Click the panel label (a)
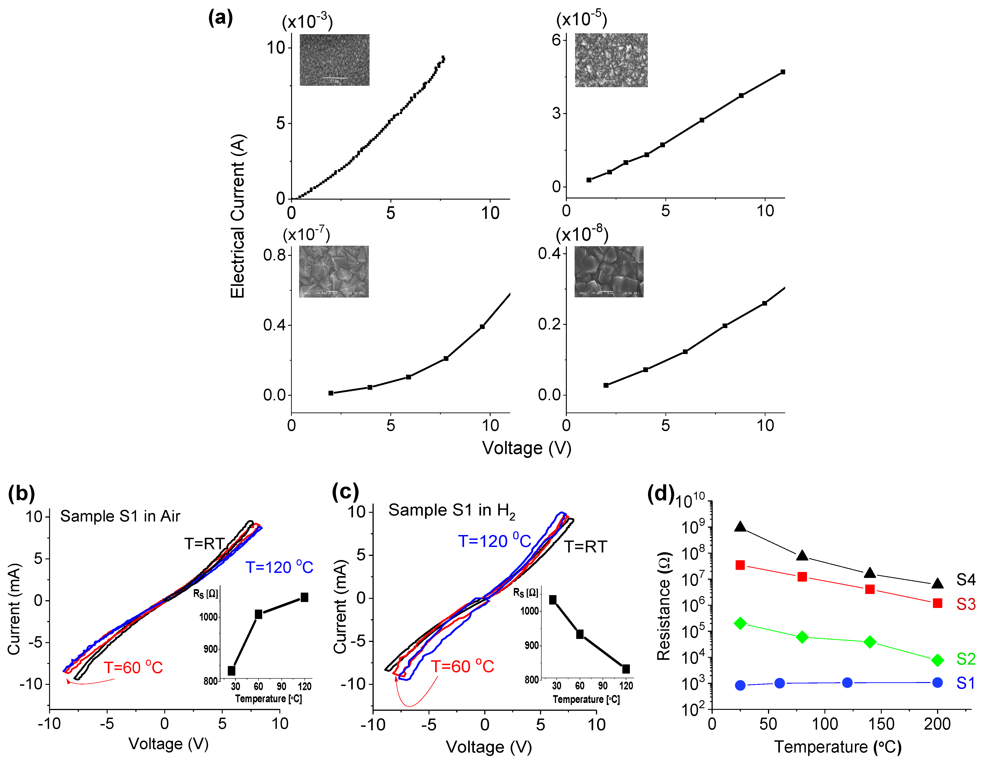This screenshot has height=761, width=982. (220, 18)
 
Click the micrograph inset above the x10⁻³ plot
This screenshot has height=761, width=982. (334, 60)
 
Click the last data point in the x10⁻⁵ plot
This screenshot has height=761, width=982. (783, 72)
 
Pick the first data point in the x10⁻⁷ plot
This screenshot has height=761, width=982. (331, 393)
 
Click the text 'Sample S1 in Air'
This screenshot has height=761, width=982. (120, 516)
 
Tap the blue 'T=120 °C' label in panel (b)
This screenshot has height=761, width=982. (279, 567)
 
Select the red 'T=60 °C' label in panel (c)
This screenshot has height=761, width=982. (462, 666)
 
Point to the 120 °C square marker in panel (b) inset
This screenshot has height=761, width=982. (304, 597)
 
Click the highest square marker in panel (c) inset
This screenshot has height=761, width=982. (553, 599)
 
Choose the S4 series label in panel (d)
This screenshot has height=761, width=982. (965, 580)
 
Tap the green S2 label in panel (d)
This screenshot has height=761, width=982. (965, 659)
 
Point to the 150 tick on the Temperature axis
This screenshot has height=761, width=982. (881, 724)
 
